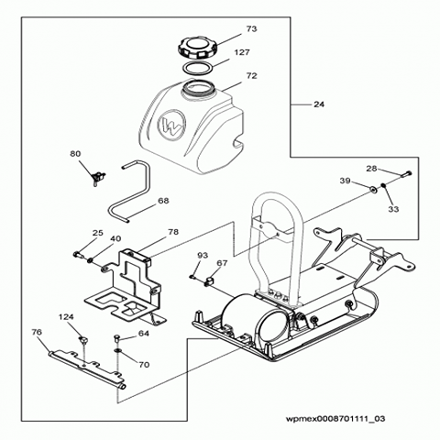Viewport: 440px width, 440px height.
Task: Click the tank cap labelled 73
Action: click(x=197, y=49)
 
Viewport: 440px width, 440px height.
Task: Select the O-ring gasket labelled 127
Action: click(x=197, y=68)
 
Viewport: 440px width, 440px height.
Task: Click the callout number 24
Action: click(x=319, y=104)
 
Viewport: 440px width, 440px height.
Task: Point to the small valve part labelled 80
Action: click(x=98, y=178)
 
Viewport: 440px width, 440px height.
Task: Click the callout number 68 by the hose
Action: click(x=163, y=201)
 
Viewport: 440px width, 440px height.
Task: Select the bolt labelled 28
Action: click(x=406, y=174)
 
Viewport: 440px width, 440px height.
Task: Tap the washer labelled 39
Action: click(x=372, y=190)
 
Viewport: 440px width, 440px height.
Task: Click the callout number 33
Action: click(x=393, y=209)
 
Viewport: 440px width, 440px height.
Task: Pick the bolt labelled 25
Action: click(x=78, y=254)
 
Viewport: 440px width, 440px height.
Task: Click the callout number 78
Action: click(x=173, y=232)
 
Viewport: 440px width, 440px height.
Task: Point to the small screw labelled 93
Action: click(x=192, y=277)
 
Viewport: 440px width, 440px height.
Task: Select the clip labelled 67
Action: click(x=208, y=280)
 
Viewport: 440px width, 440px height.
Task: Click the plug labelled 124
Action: click(x=82, y=340)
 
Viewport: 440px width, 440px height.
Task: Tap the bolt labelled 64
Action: click(x=117, y=338)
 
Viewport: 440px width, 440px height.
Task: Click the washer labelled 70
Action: click(x=118, y=350)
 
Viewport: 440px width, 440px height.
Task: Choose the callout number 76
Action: click(x=37, y=332)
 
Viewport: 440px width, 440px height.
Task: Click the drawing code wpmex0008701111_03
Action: click(x=335, y=418)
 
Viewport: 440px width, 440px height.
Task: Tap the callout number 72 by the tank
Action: click(x=251, y=75)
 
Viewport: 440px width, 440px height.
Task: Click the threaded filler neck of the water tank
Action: click(x=200, y=88)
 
